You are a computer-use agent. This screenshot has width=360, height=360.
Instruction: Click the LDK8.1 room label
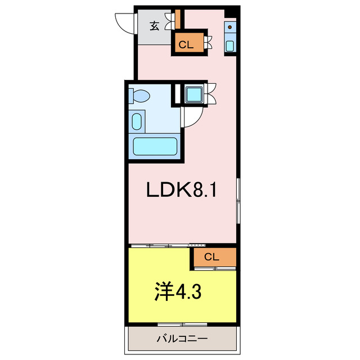181,191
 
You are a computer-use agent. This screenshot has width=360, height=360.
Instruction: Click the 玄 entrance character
154,25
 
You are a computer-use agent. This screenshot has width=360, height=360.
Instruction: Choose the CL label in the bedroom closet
211,257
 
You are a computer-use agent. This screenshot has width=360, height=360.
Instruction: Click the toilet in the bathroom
138,96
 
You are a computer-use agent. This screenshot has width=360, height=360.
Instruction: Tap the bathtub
155,147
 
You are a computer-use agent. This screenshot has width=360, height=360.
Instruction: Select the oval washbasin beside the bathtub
137,120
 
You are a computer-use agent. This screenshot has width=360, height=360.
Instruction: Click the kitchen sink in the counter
230,44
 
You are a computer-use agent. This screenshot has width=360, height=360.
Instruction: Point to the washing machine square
195,94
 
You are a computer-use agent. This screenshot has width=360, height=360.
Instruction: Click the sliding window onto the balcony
182,325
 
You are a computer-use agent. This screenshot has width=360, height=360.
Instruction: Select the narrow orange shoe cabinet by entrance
177,19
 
